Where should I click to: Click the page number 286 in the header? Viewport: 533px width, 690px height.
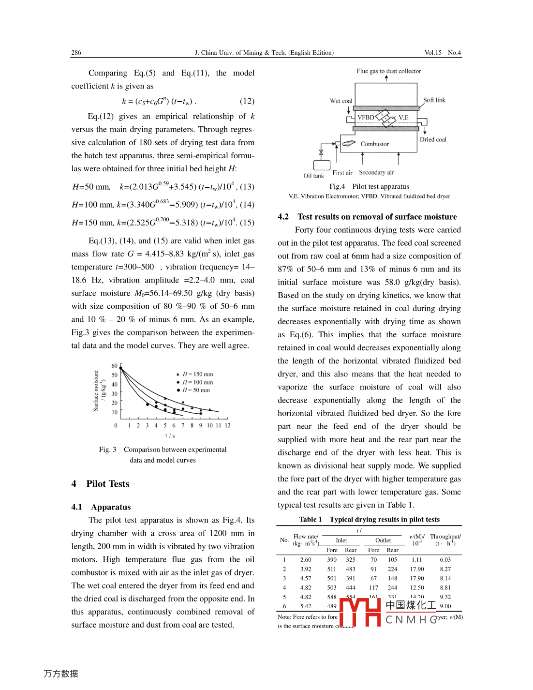76,53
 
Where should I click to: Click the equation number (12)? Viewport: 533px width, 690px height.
247,101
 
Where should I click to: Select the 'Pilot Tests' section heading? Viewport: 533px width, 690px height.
107,484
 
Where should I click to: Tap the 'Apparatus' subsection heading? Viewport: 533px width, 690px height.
111,507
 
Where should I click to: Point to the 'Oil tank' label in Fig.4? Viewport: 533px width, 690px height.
313,176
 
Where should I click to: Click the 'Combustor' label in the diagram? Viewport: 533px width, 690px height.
374,144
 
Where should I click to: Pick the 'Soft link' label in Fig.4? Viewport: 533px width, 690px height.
434,100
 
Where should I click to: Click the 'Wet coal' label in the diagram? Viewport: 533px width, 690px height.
341,101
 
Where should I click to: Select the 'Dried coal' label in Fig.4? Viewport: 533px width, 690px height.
433,139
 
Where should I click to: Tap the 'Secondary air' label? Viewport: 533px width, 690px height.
376,173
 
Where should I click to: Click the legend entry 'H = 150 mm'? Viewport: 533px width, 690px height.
197,374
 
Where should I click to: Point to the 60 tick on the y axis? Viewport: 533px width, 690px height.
115,366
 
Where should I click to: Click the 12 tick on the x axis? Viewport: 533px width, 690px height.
227,426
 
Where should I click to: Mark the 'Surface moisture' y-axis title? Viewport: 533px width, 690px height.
96,391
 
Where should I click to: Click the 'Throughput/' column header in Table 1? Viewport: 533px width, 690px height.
445,537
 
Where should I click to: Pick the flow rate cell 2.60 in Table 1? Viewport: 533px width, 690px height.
306,560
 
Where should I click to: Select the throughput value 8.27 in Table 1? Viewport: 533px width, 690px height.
445,570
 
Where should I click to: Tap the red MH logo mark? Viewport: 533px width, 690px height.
360,612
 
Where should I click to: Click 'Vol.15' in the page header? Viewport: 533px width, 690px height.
433,53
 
